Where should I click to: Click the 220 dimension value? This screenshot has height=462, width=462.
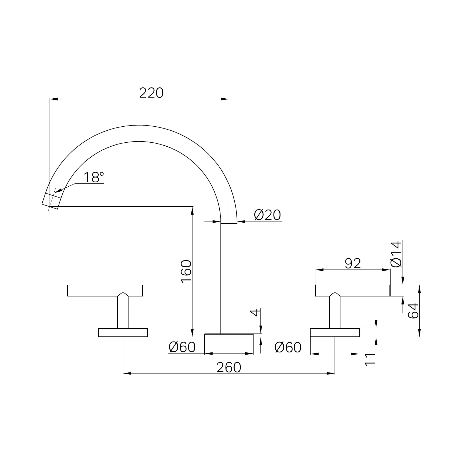(151, 93)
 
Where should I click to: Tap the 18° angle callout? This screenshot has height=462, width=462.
(94, 177)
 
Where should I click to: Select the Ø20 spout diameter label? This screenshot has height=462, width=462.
(267, 215)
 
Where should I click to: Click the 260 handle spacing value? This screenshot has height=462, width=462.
(229, 367)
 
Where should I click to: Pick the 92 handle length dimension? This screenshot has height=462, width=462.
(353, 263)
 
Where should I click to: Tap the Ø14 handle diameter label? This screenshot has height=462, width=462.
(396, 254)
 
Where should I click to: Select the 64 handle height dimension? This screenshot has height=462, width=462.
(413, 311)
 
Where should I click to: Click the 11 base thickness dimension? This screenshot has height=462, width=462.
(370, 360)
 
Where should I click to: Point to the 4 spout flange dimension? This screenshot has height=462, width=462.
(256, 312)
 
